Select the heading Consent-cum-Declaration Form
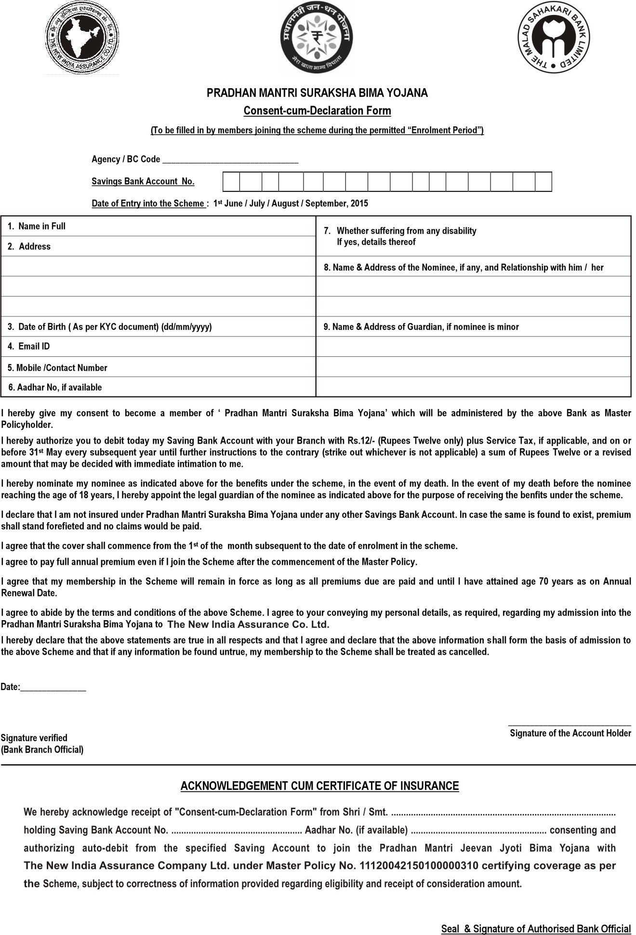point(317,111)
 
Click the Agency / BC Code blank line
point(230,160)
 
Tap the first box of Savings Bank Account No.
point(231,182)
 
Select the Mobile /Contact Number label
point(57,367)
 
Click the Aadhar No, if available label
point(55,387)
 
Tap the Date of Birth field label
point(110,326)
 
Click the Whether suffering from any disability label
point(406,231)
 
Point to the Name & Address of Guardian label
point(421,326)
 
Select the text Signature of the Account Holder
point(570,733)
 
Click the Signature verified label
point(34,737)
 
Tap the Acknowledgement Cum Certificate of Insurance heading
point(319,786)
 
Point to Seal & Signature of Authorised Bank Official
point(536,928)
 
